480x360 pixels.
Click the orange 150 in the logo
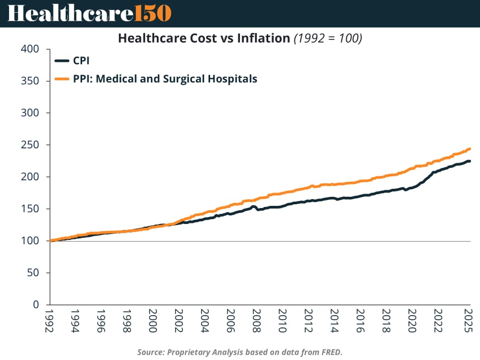pos(153,13)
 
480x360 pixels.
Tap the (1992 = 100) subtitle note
pos(328,39)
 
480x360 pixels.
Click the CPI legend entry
pos(81,61)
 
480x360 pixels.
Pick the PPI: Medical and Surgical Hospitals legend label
pos(165,79)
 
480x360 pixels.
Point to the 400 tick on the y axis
pos(30,49)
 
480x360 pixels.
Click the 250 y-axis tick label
pos(30,145)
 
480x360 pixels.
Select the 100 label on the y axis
pos(30,241)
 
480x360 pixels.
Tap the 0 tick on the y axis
pos(36,305)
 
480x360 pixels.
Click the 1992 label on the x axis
pos(51,321)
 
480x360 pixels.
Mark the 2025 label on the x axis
pos(469,321)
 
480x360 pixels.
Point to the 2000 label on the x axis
pos(153,321)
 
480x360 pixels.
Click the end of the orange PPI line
pos(469,149)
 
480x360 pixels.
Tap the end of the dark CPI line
pos(469,161)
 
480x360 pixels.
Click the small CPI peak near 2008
pos(254,206)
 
